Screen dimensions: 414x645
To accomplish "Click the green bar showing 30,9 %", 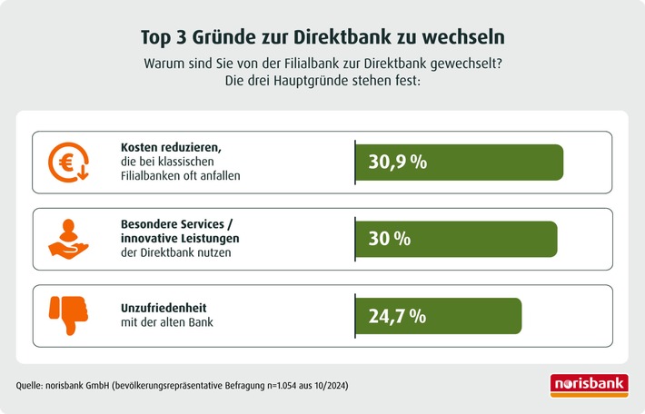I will [x=459, y=163].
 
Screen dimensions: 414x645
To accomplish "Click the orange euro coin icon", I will [x=68, y=162].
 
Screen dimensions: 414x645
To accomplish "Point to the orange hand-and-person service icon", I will [x=68, y=239].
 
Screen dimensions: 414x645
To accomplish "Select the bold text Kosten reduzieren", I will [x=171, y=147].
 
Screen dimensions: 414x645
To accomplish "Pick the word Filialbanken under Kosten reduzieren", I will [x=152, y=176].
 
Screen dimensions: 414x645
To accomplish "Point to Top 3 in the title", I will [x=165, y=37].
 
